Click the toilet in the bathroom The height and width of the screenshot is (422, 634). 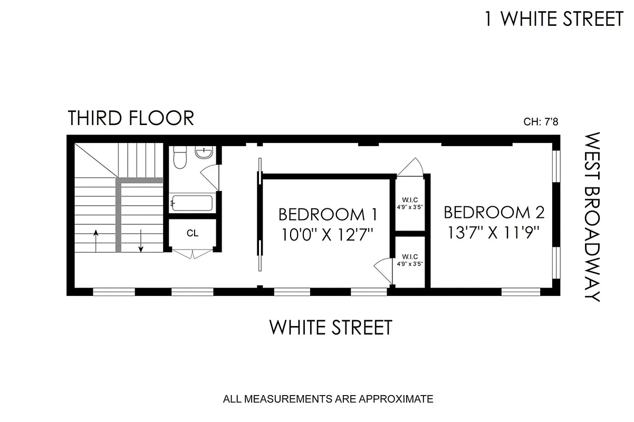pos(180,157)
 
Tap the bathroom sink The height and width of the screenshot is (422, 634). pos(204,153)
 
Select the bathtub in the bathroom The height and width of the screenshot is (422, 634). pos(191,203)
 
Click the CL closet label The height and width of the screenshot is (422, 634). pos(193,233)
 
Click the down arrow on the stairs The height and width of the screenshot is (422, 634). pos(141,241)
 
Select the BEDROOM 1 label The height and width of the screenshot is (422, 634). pos(328,215)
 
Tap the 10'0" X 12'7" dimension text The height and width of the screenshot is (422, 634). pos(328,234)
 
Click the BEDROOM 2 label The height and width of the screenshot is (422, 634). pos(494,213)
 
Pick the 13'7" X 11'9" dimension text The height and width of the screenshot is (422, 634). pos(494,232)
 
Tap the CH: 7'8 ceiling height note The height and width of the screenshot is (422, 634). pos(541,122)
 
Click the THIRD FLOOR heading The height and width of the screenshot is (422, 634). pos(131,118)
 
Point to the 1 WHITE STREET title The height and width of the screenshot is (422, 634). pos(554,20)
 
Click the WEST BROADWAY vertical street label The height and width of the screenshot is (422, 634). pos(593,216)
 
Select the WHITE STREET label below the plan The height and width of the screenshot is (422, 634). pos(331,327)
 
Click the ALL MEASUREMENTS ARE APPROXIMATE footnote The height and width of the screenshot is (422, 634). pos(328,399)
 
